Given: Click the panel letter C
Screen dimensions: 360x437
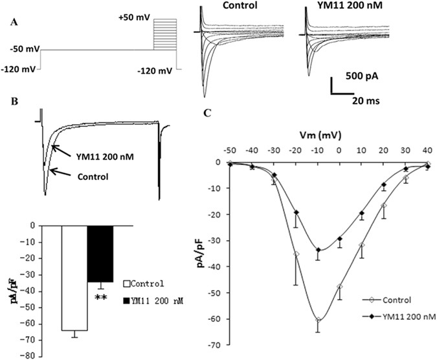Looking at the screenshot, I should point(207,113).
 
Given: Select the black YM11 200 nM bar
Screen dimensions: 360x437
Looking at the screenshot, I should point(100,253).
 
